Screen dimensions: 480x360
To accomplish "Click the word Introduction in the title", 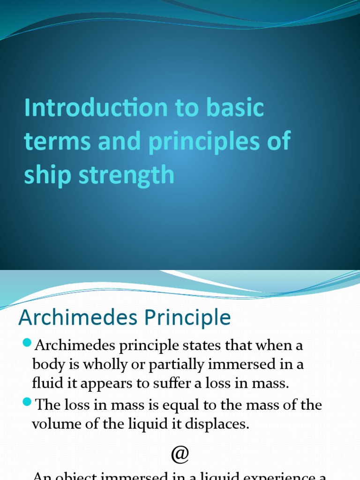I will (x=96, y=108).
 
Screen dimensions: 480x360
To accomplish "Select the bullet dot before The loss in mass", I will (x=27, y=403).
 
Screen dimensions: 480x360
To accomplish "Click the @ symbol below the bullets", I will (x=180, y=454).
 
